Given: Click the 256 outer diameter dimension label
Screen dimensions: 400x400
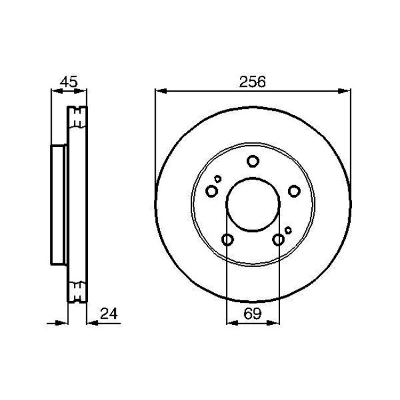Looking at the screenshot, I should point(252,81).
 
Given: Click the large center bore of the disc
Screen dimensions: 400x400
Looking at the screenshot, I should point(252,204).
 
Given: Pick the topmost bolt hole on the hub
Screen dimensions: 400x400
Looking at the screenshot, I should point(252,162).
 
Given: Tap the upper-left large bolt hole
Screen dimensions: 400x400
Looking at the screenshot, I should point(212,191).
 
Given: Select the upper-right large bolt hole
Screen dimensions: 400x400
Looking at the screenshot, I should point(294,191).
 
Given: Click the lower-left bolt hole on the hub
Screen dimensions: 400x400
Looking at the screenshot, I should point(227,239).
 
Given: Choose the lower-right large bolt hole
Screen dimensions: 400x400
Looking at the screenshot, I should point(278,239).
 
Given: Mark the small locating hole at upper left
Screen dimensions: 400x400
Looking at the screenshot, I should point(217,179).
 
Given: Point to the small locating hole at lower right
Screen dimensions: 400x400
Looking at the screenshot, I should point(288,230).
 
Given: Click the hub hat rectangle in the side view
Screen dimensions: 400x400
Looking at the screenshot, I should point(58,204).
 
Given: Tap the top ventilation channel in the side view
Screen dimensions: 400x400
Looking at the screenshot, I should point(78,118).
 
